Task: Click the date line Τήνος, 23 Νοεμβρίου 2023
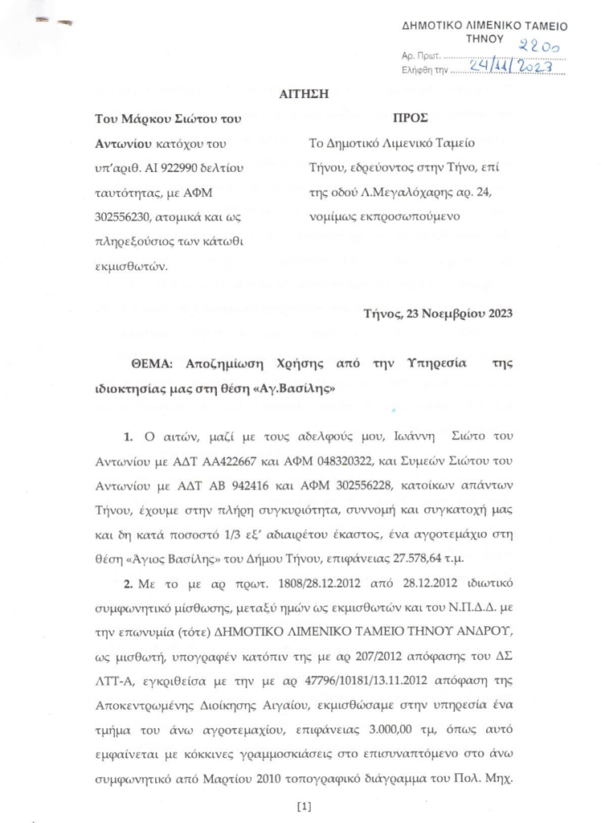437,313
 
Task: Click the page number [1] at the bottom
304,805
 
